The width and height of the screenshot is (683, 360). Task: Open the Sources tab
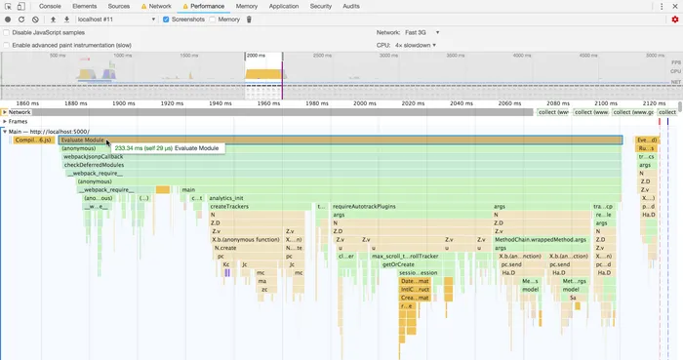pos(119,6)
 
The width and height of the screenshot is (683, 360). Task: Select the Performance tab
pos(206,6)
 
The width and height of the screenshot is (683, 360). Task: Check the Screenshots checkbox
pos(165,20)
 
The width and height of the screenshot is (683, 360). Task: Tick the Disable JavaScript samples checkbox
pos(8,32)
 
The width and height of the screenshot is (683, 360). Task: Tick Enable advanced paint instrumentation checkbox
pos(8,45)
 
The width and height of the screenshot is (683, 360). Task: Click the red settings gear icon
pos(674,20)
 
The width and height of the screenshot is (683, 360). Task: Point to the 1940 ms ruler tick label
pos(220,102)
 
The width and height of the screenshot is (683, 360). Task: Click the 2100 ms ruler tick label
pos(605,102)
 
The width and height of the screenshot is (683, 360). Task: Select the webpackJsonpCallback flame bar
pos(93,156)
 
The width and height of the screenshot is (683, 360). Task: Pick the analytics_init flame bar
pos(226,198)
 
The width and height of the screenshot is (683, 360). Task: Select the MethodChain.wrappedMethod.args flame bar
pos(540,239)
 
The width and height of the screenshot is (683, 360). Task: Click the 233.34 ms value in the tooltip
pos(129,147)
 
